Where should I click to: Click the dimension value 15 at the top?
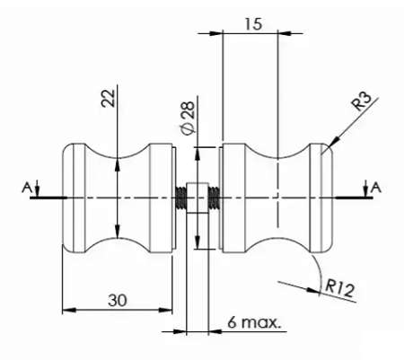(253, 24)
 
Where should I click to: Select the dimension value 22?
(108, 98)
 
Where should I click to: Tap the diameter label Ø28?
(188, 118)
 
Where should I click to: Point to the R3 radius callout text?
(361, 101)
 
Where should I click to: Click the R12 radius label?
(339, 288)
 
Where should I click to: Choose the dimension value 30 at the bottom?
(118, 300)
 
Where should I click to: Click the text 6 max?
(254, 322)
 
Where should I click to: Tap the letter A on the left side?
(27, 188)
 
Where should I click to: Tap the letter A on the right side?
(376, 188)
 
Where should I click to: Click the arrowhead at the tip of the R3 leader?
(335, 141)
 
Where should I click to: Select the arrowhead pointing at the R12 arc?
(313, 290)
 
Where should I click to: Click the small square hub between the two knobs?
(198, 198)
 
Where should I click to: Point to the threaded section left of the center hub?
(180, 198)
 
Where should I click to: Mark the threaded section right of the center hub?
(214, 198)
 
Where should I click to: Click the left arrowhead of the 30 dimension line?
(69, 311)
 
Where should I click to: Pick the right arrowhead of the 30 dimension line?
(165, 311)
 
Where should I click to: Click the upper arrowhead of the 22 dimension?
(118, 165)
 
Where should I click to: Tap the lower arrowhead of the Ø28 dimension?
(198, 241)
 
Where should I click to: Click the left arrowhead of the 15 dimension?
(216, 33)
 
